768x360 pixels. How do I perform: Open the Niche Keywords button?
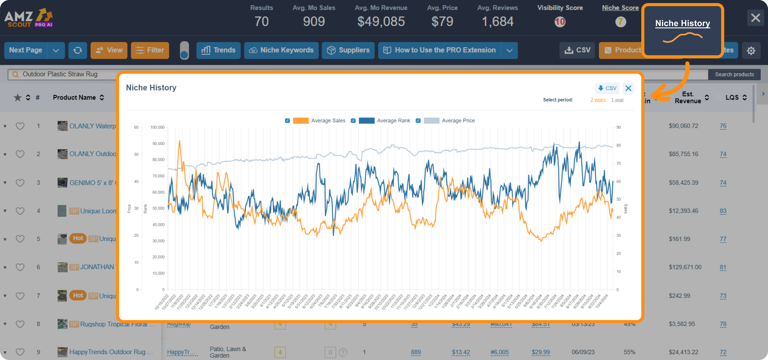(281, 50)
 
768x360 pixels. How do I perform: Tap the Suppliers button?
(348, 50)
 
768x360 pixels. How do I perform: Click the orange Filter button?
(150, 50)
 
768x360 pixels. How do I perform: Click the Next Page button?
(26, 50)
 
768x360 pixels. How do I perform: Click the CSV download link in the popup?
(607, 88)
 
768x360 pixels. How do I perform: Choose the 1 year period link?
(617, 100)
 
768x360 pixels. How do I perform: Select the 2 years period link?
(598, 100)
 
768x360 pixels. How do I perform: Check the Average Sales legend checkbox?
(287, 121)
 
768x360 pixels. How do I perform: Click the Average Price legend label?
(458, 121)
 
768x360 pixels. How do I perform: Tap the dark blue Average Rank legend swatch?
(366, 121)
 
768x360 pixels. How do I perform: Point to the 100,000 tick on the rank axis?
(157, 127)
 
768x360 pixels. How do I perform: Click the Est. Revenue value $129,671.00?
(685, 267)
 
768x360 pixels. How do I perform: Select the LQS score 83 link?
(723, 211)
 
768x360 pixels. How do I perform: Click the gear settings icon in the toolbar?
(751, 50)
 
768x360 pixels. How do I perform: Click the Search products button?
(734, 74)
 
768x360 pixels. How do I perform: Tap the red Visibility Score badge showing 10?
(559, 22)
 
